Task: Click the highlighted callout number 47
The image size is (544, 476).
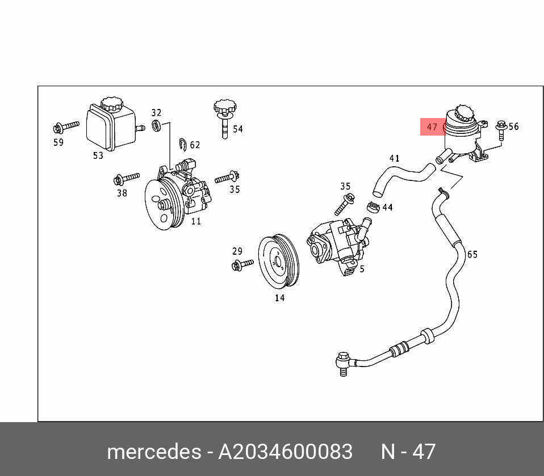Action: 432,127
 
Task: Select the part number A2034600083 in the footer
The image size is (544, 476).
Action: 286,452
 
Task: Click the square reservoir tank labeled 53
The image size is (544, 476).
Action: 110,128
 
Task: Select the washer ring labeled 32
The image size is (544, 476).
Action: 156,125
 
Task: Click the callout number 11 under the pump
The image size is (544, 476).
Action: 195,221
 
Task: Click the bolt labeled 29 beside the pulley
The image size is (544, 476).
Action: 242,264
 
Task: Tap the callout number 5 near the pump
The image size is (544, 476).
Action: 362,269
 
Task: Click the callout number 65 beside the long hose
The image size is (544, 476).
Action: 472,254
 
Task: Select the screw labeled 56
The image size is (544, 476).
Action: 500,130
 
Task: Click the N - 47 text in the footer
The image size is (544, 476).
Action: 408,452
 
